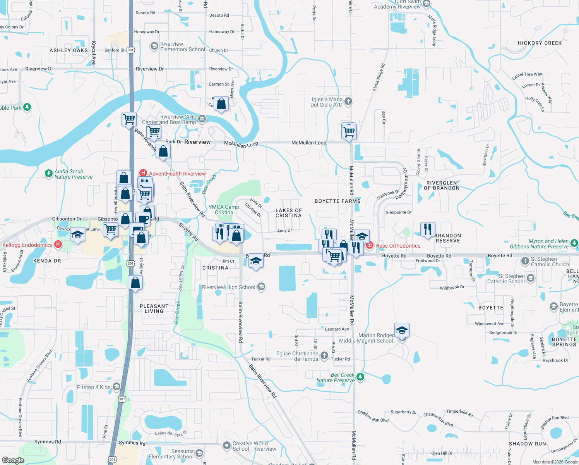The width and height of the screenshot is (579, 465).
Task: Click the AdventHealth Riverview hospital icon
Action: tap(143, 173)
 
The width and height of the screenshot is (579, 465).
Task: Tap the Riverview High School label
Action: tap(228, 287)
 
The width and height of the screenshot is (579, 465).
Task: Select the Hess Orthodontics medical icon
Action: tap(370, 245)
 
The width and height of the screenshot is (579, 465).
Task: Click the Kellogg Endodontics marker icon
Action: tap(58, 244)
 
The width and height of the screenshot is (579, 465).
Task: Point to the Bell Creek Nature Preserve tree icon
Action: tap(360, 377)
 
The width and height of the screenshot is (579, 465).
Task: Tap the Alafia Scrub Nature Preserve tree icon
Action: tap(48, 174)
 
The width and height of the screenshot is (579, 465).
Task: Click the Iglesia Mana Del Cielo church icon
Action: tap(348, 102)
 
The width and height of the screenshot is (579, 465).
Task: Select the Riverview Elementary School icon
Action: tap(154, 46)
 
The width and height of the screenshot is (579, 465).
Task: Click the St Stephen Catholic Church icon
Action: tap(525, 261)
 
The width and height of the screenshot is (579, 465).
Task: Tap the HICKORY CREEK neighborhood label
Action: tap(540, 43)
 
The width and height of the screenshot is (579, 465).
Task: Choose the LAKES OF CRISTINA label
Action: tap(288, 213)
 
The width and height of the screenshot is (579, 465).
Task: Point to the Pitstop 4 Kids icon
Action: tap(116, 387)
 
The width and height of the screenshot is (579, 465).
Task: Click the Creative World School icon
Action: tap(227, 446)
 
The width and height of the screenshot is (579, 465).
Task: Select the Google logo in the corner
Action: tap(13, 460)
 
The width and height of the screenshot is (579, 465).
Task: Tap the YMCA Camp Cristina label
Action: tap(224, 210)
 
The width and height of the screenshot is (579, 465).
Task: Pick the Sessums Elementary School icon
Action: tap(199, 453)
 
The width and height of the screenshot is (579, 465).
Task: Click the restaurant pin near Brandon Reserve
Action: tap(427, 229)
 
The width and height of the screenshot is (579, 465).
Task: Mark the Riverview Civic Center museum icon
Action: tap(202, 119)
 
